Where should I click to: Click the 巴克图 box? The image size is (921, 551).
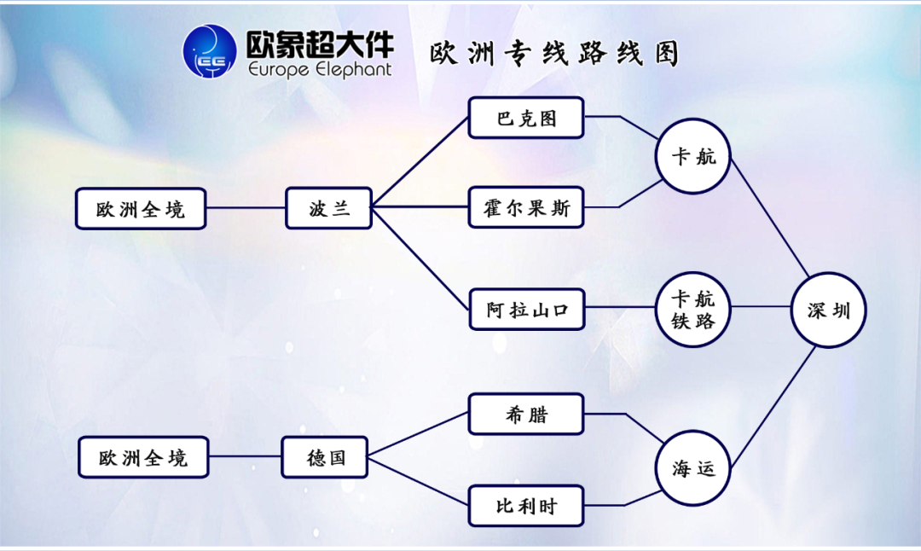526,119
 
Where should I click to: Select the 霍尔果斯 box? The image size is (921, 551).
526,207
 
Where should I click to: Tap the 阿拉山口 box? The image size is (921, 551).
526,310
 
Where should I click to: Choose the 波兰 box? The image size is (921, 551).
328,208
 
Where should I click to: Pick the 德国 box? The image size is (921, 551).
326,457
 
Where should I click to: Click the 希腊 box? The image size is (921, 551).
526,415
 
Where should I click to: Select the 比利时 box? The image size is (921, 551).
526,506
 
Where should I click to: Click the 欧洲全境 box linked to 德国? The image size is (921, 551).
142,458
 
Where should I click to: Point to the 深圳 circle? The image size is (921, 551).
828,310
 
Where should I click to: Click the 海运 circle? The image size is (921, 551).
692,467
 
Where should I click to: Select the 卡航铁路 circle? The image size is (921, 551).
692,310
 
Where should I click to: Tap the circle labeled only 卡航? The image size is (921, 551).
692,156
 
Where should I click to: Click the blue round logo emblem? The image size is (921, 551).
210,51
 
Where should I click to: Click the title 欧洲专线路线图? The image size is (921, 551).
554,54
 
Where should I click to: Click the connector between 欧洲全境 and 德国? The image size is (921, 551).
245,457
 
